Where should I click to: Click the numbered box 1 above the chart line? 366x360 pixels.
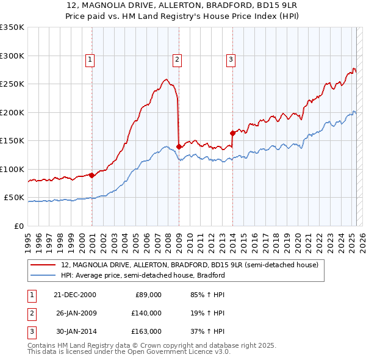pos(90,59)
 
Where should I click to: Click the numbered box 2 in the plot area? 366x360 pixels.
pos(176,59)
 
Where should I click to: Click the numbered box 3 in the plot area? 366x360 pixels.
pos(231,59)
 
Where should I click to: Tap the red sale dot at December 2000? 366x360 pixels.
pos(91,175)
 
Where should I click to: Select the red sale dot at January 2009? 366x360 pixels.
pos(179,146)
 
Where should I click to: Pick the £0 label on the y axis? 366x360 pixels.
pos(19,226)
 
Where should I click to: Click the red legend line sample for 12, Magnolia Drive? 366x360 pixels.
pos(43,265)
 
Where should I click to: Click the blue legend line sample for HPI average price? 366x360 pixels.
pos(43,275)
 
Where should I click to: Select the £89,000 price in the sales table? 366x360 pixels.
pos(147,295)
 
